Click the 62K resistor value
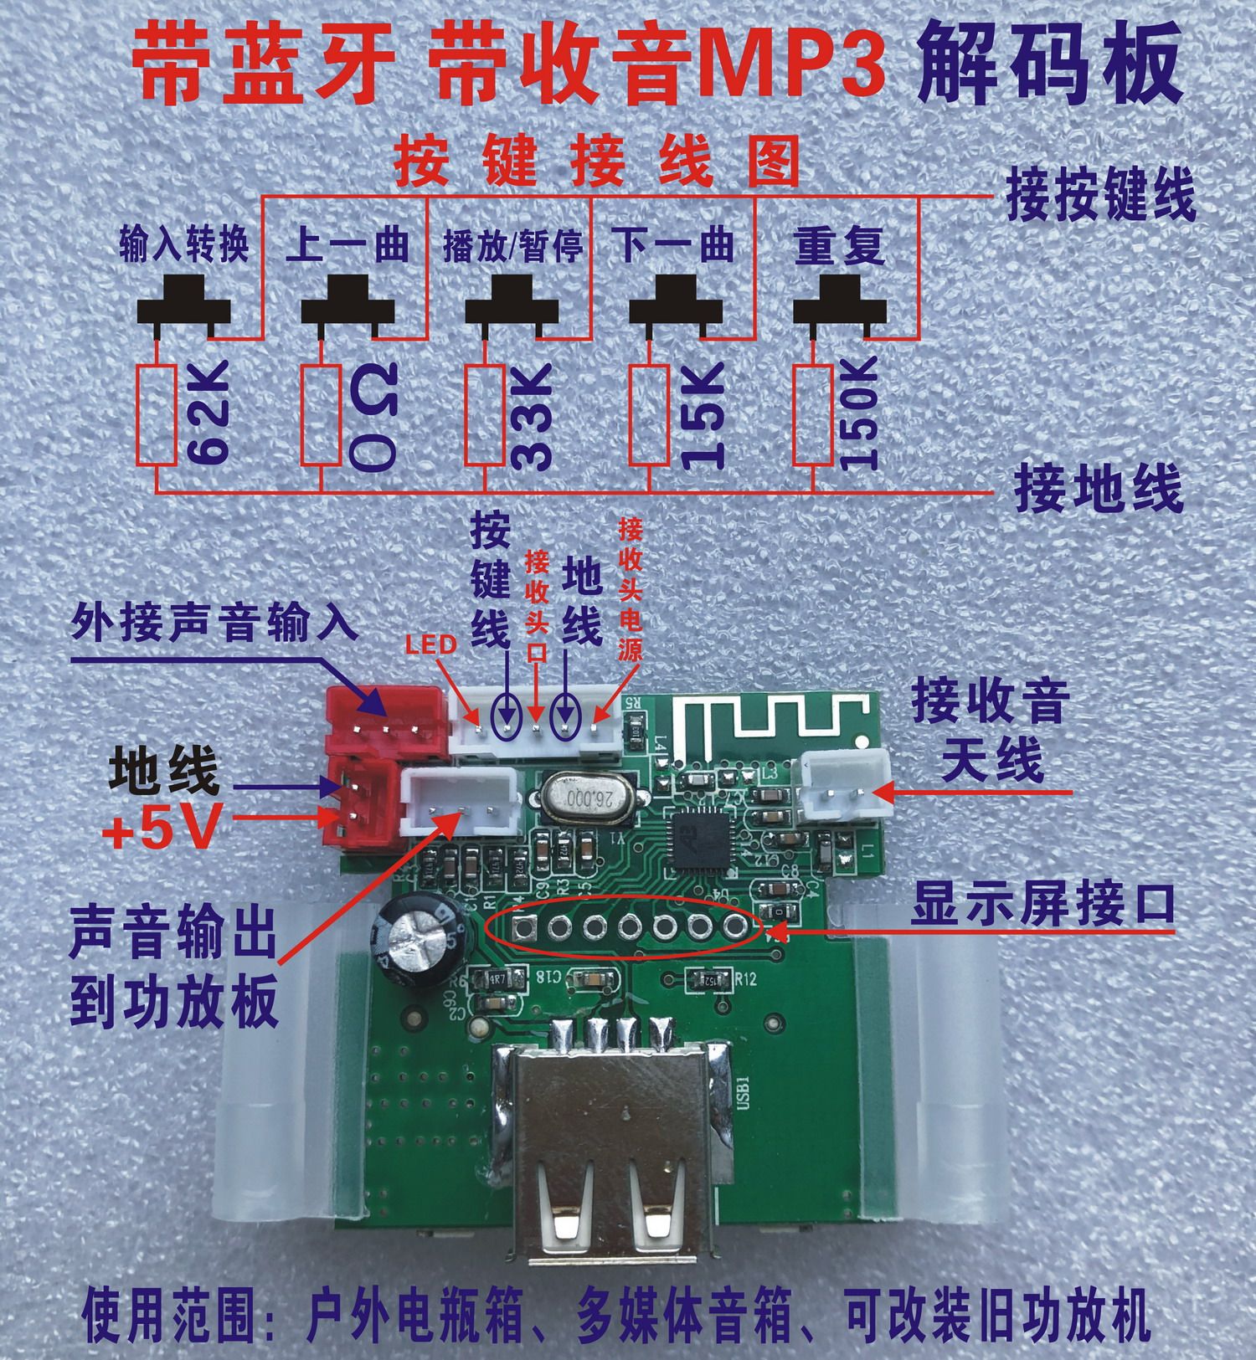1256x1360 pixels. point(205,414)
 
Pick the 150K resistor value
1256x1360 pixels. point(857,413)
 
